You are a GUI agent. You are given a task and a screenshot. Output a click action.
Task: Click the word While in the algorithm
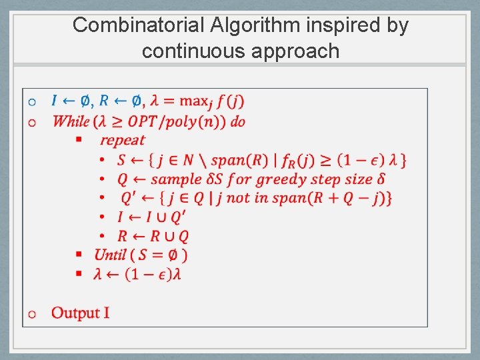pyautogui.click(x=71, y=121)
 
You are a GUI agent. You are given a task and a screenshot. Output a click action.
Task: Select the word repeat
pyautogui.click(x=123, y=140)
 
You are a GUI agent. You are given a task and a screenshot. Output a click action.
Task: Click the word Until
pyautogui.click(x=110, y=255)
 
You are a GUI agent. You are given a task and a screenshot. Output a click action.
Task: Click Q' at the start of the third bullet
pyautogui.click(x=128, y=198)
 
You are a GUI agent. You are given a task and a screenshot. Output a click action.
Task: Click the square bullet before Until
pyautogui.click(x=78, y=255)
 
